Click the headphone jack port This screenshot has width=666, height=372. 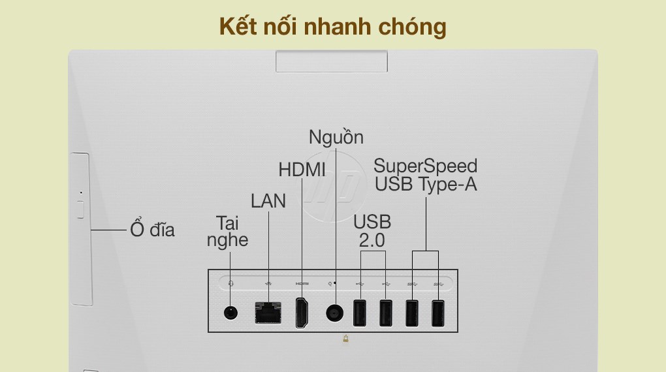tap(230, 313)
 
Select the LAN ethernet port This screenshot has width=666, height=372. tap(268, 313)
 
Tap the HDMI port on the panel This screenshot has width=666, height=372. tap(302, 313)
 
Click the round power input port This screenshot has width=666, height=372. tap(335, 313)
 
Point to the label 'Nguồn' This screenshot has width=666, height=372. tap(336, 138)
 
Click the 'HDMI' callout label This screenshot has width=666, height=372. tap(302, 170)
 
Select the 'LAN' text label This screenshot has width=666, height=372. tap(268, 201)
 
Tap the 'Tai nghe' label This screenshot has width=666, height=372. tap(228, 232)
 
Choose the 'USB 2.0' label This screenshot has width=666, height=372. tap(372, 231)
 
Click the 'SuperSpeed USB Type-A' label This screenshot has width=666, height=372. tap(426, 176)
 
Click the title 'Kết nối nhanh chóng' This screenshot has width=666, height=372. tap(332, 27)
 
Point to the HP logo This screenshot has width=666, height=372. tap(332, 187)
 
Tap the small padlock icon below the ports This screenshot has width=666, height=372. tap(346, 339)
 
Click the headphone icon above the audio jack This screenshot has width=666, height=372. tap(230, 283)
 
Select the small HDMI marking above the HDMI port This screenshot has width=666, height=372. tap(302, 283)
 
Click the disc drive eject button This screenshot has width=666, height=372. tap(81, 209)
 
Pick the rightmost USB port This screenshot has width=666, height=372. tap(438, 313)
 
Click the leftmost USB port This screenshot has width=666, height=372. tap(359, 313)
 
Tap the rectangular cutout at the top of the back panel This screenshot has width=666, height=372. tap(331, 61)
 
